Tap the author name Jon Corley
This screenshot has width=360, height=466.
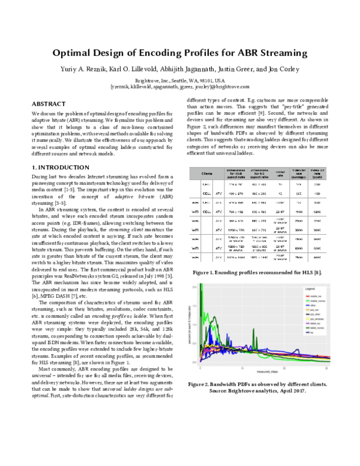(x=281, y=69)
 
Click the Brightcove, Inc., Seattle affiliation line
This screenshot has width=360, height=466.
(x=180, y=80)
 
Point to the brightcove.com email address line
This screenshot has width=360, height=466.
(x=180, y=86)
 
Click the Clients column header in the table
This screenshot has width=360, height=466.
(x=207, y=172)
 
